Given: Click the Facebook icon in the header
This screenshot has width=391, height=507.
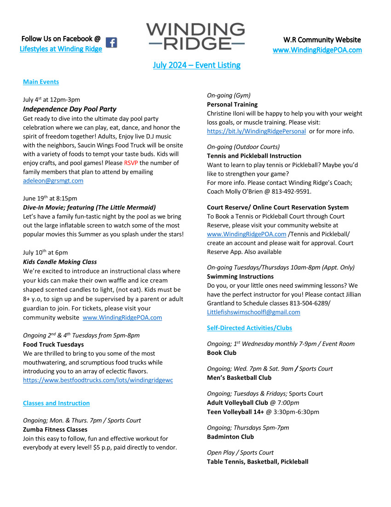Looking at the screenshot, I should tap(111, 43).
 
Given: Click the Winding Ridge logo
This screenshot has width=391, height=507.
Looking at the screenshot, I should tap(195, 36).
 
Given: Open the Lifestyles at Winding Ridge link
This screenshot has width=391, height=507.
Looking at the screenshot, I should tap(61, 49).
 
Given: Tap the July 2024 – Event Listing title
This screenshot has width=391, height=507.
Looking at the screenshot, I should tap(196, 65).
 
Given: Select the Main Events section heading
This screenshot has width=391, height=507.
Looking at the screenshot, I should tap(41, 82).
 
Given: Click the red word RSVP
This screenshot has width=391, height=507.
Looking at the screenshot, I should tap(131, 163).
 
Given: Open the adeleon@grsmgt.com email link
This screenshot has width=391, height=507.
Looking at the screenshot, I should tap(53, 181).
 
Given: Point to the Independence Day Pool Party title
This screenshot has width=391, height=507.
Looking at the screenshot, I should tap(69, 109).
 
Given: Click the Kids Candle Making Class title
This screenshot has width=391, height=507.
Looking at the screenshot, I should tap(60, 262).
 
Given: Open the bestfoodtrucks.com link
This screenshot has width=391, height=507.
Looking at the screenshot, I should tap(98, 380).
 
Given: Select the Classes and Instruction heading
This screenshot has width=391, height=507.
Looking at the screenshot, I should tap(56, 403).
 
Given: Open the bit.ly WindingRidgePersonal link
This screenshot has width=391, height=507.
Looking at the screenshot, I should tap(256, 131).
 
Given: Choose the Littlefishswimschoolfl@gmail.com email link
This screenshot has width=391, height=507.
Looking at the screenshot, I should tap(253, 312).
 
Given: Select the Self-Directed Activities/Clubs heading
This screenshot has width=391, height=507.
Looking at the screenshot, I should tap(249, 328).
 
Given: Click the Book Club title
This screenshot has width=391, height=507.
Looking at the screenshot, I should tap(222, 353).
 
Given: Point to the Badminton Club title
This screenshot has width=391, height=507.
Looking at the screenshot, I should tap(230, 436).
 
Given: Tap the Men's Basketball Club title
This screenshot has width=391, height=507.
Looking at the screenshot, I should tap(239, 377).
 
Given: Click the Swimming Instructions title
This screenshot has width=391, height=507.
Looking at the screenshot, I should tap(240, 277).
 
